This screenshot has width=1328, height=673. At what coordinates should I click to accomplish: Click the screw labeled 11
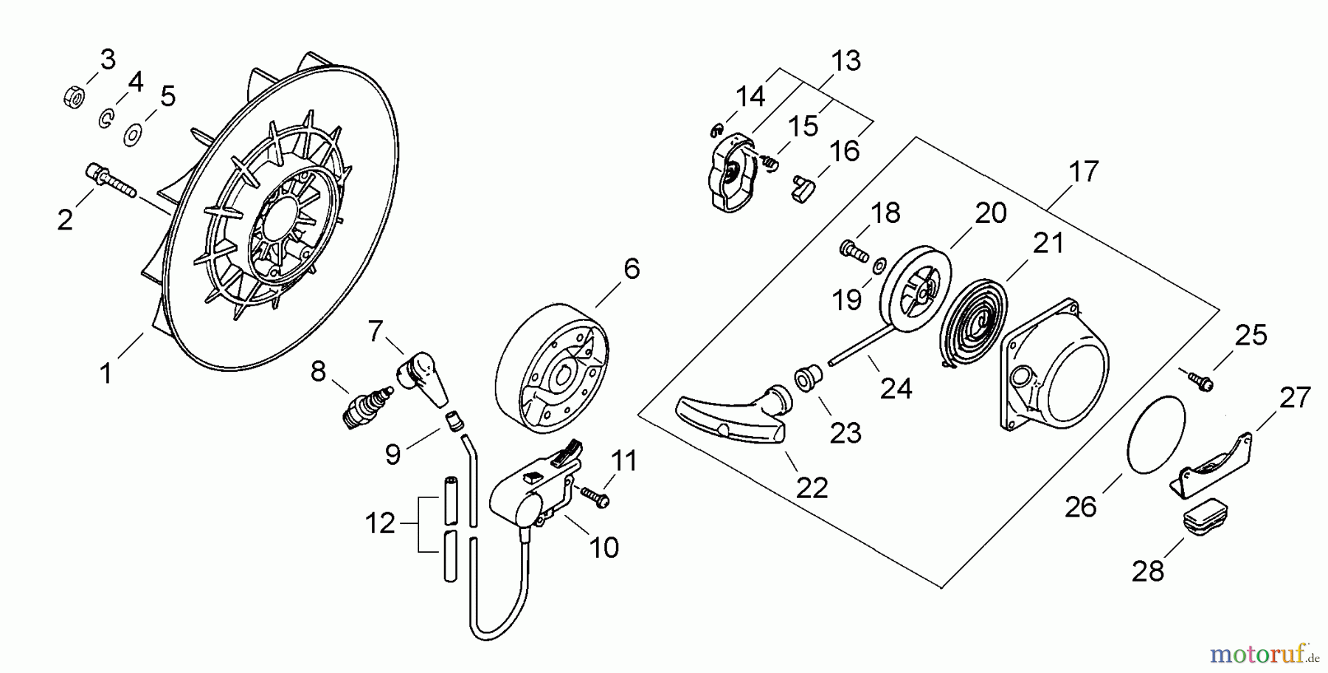pyautogui.click(x=595, y=496)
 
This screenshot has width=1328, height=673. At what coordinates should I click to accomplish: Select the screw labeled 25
pyautogui.click(x=1200, y=380)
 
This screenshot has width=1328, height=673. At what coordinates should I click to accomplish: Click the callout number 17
pyautogui.click(x=1083, y=171)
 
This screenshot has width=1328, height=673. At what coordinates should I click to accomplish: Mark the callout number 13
pyautogui.click(x=845, y=61)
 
